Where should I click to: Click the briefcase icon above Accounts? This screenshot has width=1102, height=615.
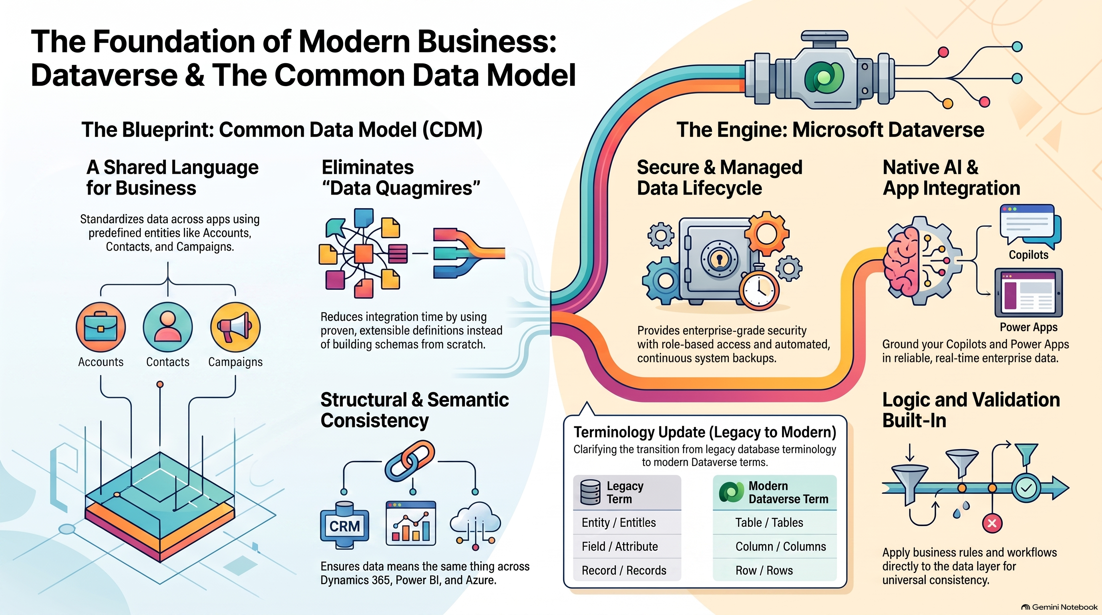click(x=101, y=327)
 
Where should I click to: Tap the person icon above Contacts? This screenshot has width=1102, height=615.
click(x=168, y=327)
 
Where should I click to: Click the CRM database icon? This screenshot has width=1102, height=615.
click(x=345, y=525)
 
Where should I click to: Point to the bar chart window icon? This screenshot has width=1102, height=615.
click(x=411, y=523)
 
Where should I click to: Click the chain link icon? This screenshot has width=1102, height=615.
click(x=410, y=462)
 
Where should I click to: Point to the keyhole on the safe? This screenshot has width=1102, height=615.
click(x=719, y=258)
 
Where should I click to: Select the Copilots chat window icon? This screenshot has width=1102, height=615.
click(x=1030, y=225)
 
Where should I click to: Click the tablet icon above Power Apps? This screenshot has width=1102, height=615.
click(x=1028, y=293)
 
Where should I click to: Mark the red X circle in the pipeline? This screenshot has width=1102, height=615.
click(x=992, y=523)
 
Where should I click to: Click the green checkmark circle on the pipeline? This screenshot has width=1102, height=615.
click(x=1026, y=488)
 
